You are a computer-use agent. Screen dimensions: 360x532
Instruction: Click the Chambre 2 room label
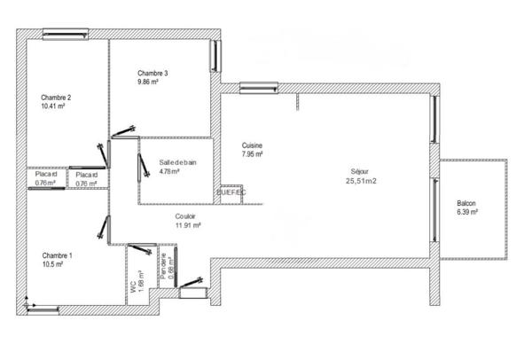coord(56,98)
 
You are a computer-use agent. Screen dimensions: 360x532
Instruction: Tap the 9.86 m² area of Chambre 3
coord(148,82)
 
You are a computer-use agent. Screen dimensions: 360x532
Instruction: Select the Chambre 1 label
coord(57,255)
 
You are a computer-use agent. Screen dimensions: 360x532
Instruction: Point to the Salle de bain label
coord(178,162)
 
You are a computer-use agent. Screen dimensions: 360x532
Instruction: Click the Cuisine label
coord(253,146)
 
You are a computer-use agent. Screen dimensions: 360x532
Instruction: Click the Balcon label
coord(466,203)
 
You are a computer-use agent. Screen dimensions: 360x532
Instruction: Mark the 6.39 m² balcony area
coord(467,213)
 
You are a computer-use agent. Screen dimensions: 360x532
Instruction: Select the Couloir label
coord(186,215)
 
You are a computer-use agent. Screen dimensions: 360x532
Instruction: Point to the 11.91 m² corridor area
coord(188,225)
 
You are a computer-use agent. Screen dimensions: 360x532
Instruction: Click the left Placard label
coord(46,175)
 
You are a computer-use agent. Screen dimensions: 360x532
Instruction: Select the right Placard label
coord(87,176)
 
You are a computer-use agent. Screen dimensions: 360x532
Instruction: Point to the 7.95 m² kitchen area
coord(253,156)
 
